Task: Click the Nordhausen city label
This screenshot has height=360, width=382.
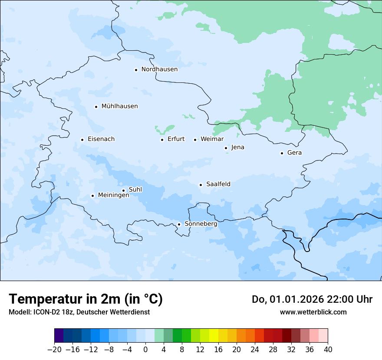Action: click(x=159, y=69)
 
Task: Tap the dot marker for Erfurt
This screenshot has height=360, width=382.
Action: click(x=162, y=140)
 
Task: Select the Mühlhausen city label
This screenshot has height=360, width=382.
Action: click(x=119, y=106)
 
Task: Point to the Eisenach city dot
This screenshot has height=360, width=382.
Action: click(x=82, y=140)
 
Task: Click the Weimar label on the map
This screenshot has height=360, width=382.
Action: click(x=212, y=139)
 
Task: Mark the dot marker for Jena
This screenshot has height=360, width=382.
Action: click(x=226, y=148)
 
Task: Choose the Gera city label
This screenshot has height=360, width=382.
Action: click(x=294, y=153)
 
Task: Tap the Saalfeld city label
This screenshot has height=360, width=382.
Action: click(x=218, y=184)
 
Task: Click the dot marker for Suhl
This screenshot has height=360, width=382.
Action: click(x=123, y=190)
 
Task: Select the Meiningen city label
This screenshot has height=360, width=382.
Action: click(x=113, y=195)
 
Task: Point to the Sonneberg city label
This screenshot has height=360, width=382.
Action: click(x=201, y=224)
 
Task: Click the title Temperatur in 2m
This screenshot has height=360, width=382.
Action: click(x=86, y=299)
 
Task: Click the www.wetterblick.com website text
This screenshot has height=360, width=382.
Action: click(x=313, y=312)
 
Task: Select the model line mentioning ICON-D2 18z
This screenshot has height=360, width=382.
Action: click(x=79, y=312)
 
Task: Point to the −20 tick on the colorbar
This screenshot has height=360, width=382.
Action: click(x=54, y=350)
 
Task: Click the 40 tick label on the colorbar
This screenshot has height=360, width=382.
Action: click(x=328, y=350)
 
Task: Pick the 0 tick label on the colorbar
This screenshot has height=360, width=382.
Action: click(x=145, y=350)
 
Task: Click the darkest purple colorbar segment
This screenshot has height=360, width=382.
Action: click(x=59, y=336)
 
